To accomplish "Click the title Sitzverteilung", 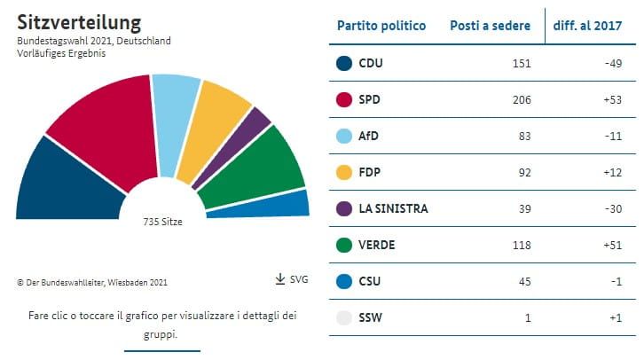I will (x=79, y=21).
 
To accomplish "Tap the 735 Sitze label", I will (x=162, y=222).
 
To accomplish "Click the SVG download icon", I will (x=280, y=279).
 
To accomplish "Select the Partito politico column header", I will (x=381, y=26).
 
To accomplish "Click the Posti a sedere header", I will (x=491, y=26).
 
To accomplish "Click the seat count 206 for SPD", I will (x=522, y=99).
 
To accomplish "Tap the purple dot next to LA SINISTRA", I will (x=345, y=208).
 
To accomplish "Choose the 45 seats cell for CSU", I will (x=524, y=281).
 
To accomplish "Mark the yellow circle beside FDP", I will (x=345, y=172).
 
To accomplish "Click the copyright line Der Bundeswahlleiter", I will (x=91, y=282).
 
